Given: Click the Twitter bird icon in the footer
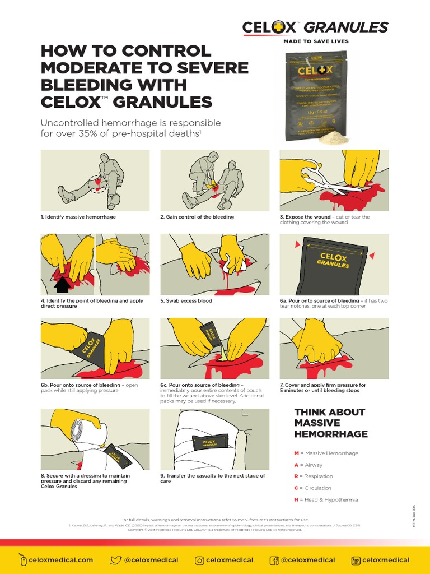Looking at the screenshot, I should pyautogui.click(x=116, y=559).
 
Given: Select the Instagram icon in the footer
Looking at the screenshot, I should pyautogui.click(x=199, y=559).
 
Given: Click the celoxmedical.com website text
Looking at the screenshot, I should pyautogui.click(x=62, y=559).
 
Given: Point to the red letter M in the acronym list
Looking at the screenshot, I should pyautogui.click(x=296, y=453).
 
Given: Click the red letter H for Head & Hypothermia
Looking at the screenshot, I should pyautogui.click(x=296, y=499).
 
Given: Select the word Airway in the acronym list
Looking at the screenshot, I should pyautogui.click(x=314, y=465).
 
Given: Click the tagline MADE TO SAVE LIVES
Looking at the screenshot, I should pyautogui.click(x=316, y=41).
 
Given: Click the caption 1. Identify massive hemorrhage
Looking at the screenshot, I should pyautogui.click(x=78, y=217).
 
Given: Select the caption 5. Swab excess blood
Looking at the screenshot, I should pyautogui.click(x=186, y=301).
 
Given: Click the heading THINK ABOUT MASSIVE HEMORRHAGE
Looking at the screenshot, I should pyautogui.click(x=330, y=423).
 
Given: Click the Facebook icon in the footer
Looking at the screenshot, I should pyautogui.click(x=274, y=559).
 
